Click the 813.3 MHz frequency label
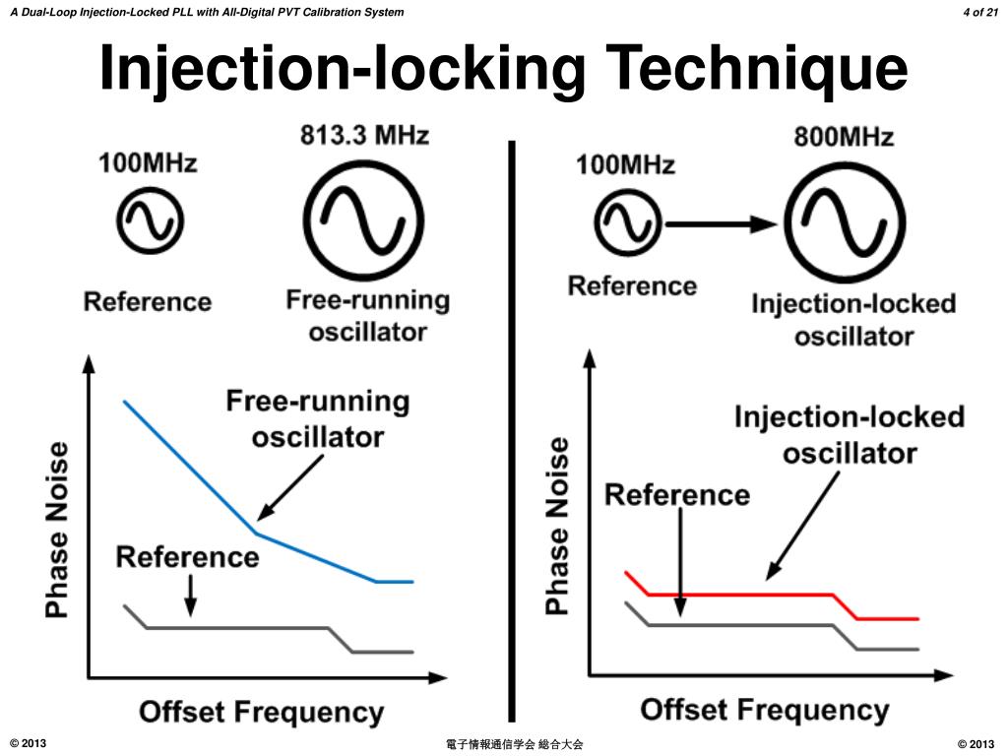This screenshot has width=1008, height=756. click(364, 136)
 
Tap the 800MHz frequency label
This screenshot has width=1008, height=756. click(844, 137)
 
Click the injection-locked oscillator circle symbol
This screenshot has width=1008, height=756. click(845, 222)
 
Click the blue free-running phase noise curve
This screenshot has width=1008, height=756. click(257, 534)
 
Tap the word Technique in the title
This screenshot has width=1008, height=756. click(756, 69)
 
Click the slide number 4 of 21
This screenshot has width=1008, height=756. click(980, 12)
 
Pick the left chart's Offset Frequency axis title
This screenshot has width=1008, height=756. click(262, 713)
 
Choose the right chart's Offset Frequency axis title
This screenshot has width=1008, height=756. click(765, 710)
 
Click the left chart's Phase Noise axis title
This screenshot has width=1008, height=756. click(56, 531)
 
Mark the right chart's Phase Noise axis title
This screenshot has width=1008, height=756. click(557, 526)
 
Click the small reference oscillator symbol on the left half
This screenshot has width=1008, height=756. click(150, 220)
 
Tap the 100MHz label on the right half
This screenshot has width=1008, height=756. click(625, 165)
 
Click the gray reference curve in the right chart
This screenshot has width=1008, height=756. click(739, 624)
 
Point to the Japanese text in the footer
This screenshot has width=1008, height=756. click(514, 744)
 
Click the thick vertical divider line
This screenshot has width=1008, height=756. click(512, 431)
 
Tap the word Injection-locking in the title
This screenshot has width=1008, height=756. click(342, 69)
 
